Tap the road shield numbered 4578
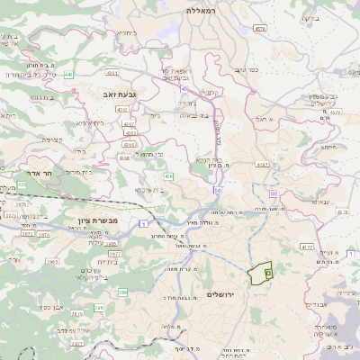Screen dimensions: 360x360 (x=260, y=29)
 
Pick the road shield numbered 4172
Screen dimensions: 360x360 (x=307, y=247)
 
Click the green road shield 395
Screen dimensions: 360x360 (x=112, y=243)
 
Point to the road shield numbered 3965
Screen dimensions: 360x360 (x=52, y=262)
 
